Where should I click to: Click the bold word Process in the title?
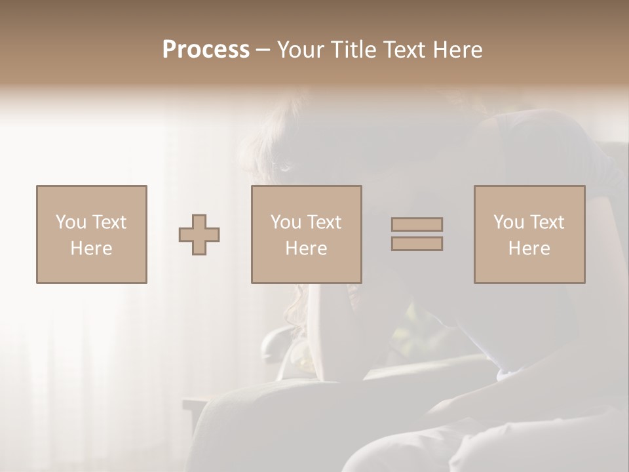click(x=206, y=50)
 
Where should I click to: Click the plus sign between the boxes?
click(x=199, y=235)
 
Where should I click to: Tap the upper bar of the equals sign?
click(x=417, y=224)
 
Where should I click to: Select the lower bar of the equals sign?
click(x=417, y=244)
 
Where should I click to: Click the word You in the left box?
click(x=70, y=222)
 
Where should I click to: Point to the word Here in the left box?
click(x=91, y=248)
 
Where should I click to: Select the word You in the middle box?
click(x=285, y=222)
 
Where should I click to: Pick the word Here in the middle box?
click(x=306, y=248)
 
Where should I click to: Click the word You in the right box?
click(x=508, y=222)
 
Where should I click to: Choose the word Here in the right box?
click(x=529, y=248)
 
